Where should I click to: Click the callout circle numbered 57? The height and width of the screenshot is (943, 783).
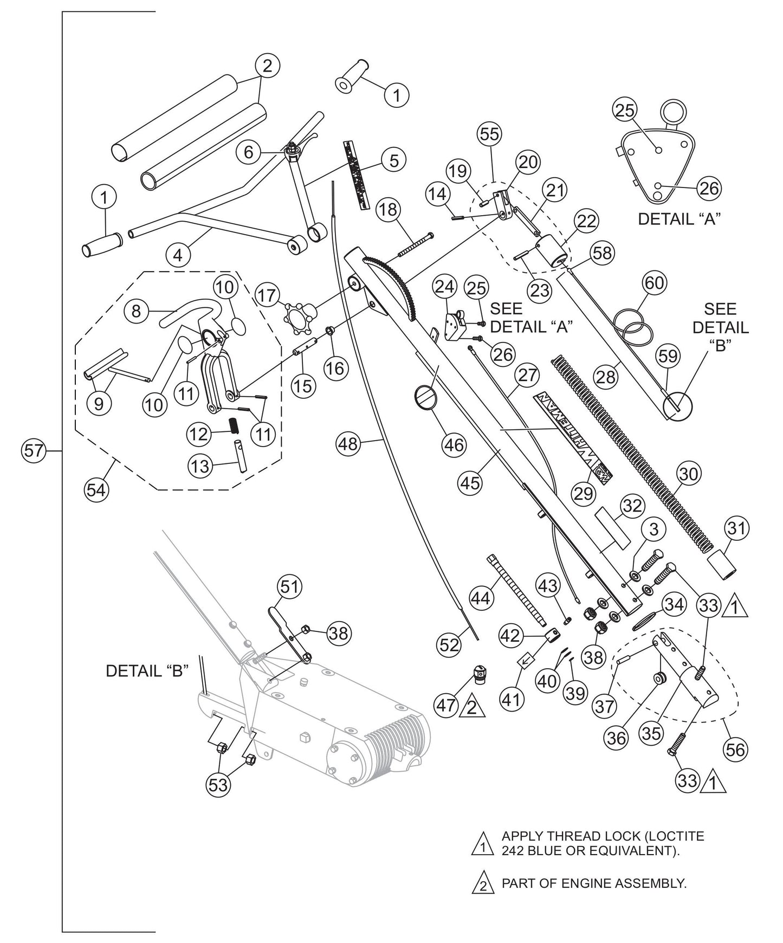pyautogui.click(x=33, y=451)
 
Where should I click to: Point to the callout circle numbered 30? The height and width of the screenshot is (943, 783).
pyautogui.click(x=689, y=474)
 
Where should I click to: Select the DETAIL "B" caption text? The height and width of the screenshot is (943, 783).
pyautogui.click(x=147, y=671)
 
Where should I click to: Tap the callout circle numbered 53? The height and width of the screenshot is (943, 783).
pyautogui.click(x=218, y=784)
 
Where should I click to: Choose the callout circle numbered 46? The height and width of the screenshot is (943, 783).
pyautogui.click(x=454, y=444)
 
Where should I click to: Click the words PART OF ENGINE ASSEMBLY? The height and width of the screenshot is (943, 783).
pyautogui.click(x=594, y=883)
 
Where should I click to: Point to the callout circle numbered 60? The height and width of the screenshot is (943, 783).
pyautogui.click(x=654, y=283)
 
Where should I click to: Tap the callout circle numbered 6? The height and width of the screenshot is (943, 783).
pyautogui.click(x=248, y=152)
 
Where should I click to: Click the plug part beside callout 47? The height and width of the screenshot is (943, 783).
pyautogui.click(x=480, y=675)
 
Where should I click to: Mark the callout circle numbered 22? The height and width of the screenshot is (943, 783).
pyautogui.click(x=587, y=222)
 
